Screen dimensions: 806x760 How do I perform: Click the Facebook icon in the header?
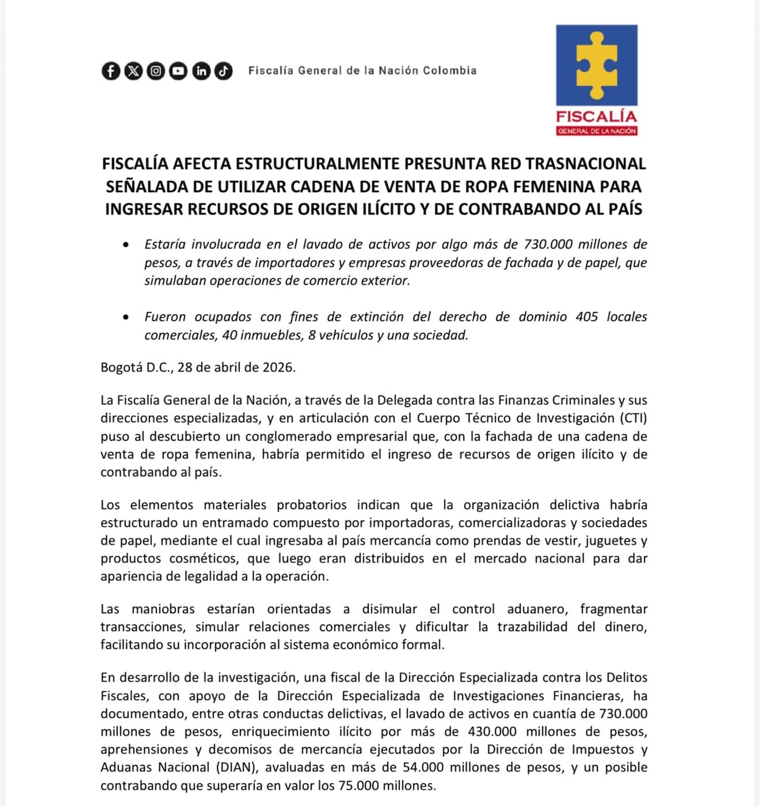pyautogui.click(x=111, y=71)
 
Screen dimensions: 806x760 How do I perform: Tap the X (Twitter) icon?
pyautogui.click(x=134, y=71)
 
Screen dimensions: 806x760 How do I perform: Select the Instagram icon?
pyautogui.click(x=156, y=71)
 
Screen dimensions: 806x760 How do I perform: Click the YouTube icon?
pyautogui.click(x=178, y=71)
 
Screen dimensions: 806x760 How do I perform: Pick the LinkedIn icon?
pyautogui.click(x=201, y=71)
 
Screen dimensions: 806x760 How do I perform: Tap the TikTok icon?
pyautogui.click(x=223, y=71)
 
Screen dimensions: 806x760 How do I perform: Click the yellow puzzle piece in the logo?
pyautogui.click(x=597, y=65)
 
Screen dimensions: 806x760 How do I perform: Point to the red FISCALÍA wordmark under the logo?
pyautogui.click(x=596, y=116)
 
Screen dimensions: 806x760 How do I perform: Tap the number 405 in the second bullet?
pyautogui.click(x=587, y=317)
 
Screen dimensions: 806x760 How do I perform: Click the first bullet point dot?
pyautogui.click(x=126, y=244)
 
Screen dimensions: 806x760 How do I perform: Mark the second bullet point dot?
pyautogui.click(x=126, y=317)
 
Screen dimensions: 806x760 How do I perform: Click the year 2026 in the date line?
pyautogui.click(x=278, y=367)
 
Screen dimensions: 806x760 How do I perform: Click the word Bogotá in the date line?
pyautogui.click(x=121, y=367)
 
